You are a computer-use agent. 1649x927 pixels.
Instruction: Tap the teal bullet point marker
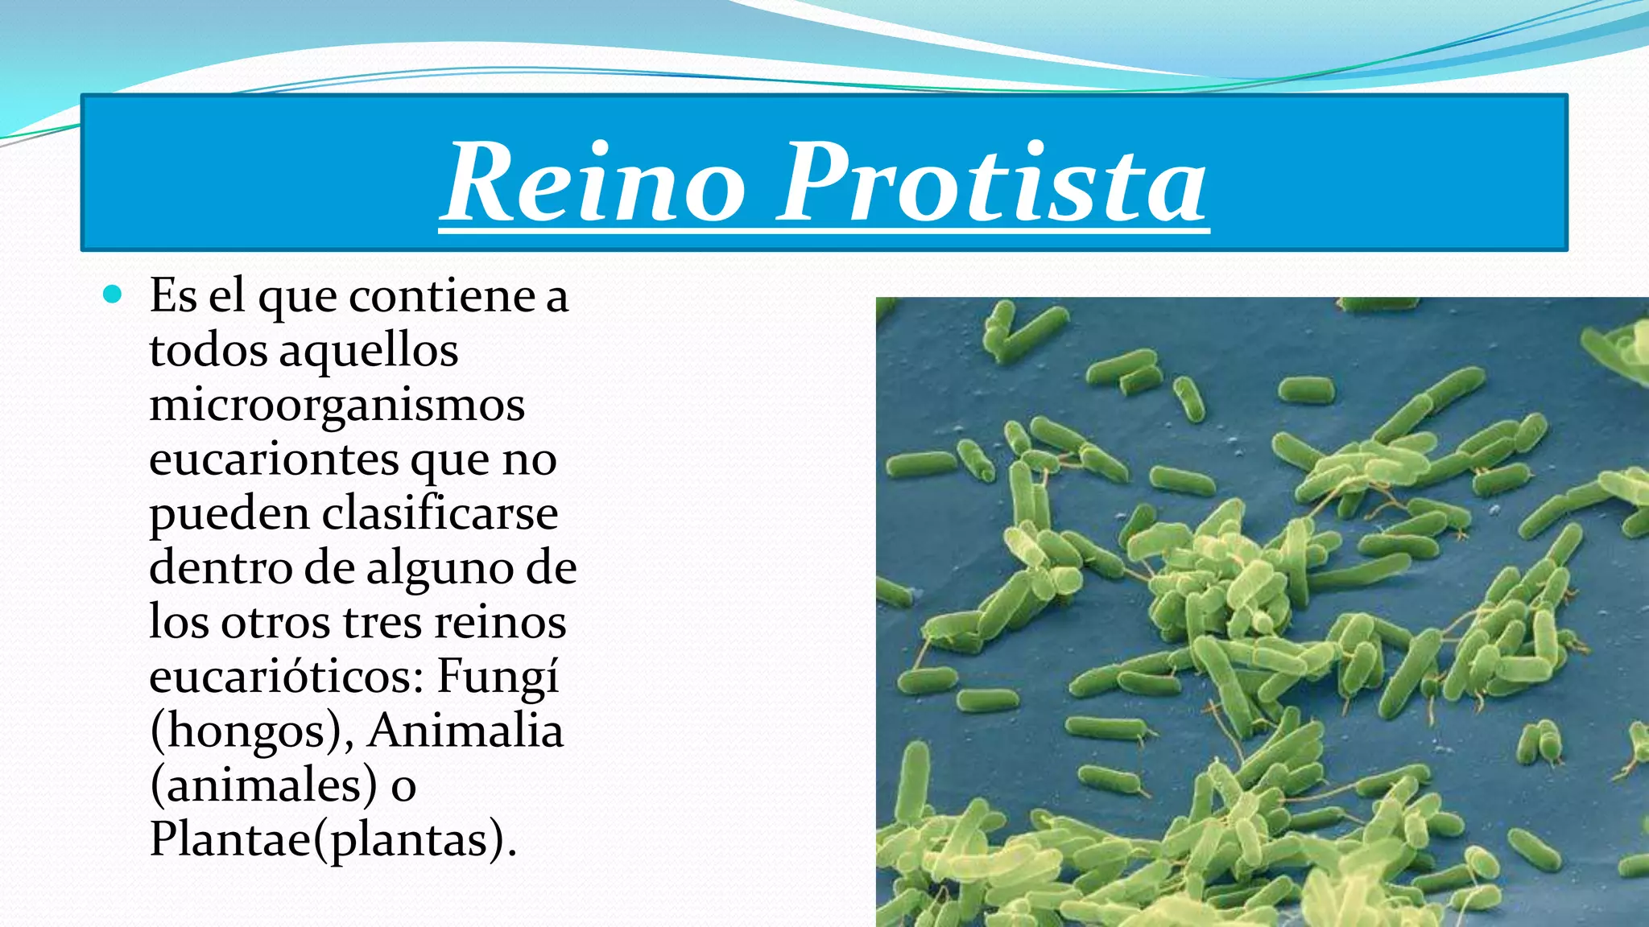(x=113, y=295)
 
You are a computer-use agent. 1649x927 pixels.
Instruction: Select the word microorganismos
(x=337, y=405)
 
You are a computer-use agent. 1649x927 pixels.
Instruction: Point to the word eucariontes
(x=274, y=459)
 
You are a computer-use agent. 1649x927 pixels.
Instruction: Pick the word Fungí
(x=498, y=677)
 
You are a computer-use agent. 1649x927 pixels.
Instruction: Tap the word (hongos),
(x=251, y=731)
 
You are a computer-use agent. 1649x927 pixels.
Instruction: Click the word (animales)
(x=263, y=785)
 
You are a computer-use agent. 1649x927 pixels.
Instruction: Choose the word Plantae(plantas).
(x=332, y=839)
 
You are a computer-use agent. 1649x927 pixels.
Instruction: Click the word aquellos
(x=368, y=351)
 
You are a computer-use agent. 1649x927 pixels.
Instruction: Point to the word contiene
(x=442, y=296)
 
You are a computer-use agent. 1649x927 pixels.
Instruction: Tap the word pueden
(x=229, y=515)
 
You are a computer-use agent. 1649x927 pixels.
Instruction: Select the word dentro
(x=220, y=568)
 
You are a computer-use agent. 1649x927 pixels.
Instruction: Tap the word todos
(x=209, y=351)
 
